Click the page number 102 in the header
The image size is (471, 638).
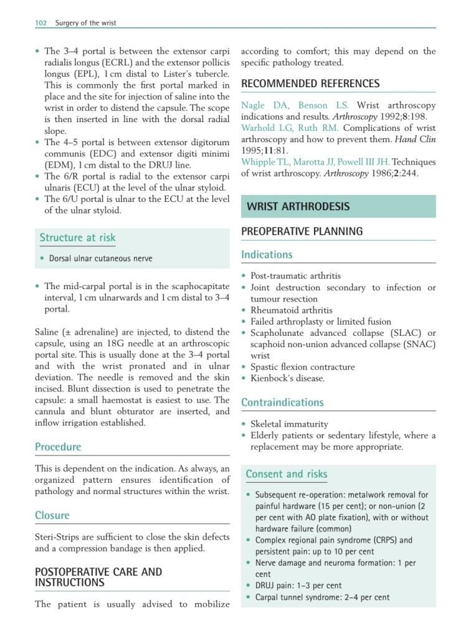click(x=40, y=23)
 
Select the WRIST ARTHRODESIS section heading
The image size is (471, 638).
click(x=298, y=206)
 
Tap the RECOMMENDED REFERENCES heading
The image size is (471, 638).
click(x=310, y=83)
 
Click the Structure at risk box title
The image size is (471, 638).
click(x=77, y=237)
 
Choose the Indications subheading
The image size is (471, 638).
click(x=266, y=254)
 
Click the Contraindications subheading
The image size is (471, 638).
click(x=282, y=402)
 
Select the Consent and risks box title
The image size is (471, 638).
click(x=286, y=474)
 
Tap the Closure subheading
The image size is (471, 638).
click(x=52, y=515)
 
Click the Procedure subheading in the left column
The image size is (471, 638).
click(x=58, y=447)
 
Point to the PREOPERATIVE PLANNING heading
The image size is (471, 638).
click(x=302, y=231)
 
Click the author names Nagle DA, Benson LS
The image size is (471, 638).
click(x=295, y=106)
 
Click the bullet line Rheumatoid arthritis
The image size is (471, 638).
click(x=291, y=310)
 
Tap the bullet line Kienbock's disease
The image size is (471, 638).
click(x=287, y=378)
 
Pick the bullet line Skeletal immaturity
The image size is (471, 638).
click(x=289, y=424)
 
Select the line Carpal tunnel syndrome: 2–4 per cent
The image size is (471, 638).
click(x=322, y=597)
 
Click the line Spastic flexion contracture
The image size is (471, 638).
click(x=302, y=367)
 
